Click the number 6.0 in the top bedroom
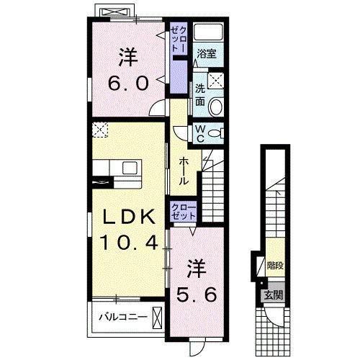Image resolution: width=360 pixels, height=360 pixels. (130, 83)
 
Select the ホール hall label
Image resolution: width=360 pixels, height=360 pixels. (184, 170)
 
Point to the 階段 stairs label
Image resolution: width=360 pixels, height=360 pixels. (274, 265)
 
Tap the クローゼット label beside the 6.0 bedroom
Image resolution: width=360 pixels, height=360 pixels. (178, 38)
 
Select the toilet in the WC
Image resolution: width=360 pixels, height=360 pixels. (217, 132)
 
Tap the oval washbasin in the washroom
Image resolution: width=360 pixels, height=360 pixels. (217, 107)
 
